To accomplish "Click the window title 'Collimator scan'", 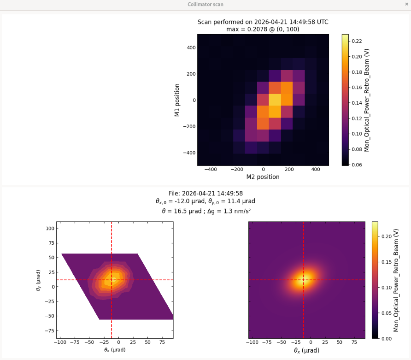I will click(x=205, y=4).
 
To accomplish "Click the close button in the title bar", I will click(x=406, y=4).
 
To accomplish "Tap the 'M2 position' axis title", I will click(x=263, y=177).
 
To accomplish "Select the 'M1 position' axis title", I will click(x=177, y=100).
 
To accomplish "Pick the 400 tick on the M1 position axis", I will click(x=190, y=47).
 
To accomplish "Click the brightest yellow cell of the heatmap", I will click(x=275, y=100).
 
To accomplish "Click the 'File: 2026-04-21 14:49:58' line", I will click(x=205, y=194).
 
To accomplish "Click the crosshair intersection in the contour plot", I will click(x=112, y=280).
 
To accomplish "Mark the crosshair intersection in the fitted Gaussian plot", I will click(x=303, y=280).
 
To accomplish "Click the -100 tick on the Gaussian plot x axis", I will click(x=252, y=343).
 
